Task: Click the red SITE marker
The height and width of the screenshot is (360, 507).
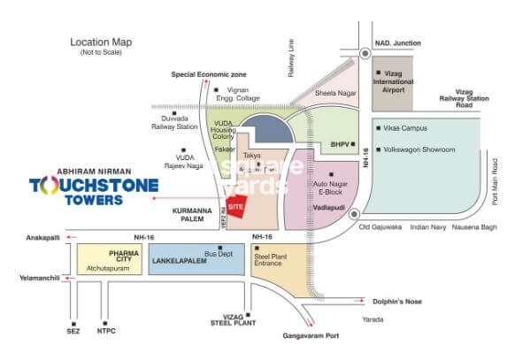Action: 235,205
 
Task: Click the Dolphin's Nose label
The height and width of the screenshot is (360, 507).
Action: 390,301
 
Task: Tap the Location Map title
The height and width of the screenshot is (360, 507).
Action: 101,42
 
